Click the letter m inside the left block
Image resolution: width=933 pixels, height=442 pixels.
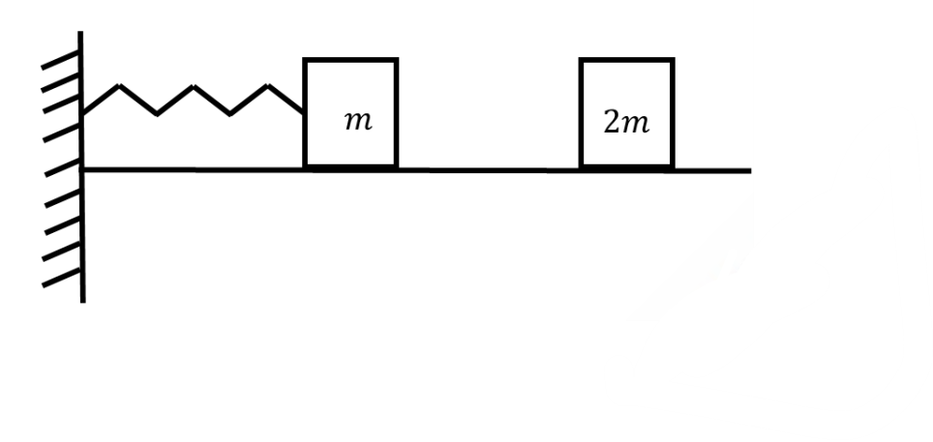[357, 122]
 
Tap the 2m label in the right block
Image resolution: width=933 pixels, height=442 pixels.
[626, 124]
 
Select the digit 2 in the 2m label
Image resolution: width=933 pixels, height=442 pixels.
[611, 124]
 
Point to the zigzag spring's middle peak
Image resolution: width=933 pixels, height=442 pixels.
[194, 87]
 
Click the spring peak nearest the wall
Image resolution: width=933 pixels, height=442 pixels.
[119, 87]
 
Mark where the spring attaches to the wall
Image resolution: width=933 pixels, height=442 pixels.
[83, 114]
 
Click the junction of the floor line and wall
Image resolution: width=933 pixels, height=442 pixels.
[83, 170]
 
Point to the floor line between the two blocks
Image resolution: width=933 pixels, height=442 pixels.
[489, 170]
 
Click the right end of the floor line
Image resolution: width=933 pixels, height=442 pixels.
[749, 171]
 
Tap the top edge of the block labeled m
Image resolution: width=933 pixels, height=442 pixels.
[350, 60]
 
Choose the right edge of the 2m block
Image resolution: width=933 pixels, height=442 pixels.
[673, 112]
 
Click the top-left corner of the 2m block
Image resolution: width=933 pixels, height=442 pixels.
[582, 60]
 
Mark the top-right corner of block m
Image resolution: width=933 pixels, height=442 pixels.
[396, 61]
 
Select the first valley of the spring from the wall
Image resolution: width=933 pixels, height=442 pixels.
[156, 114]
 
